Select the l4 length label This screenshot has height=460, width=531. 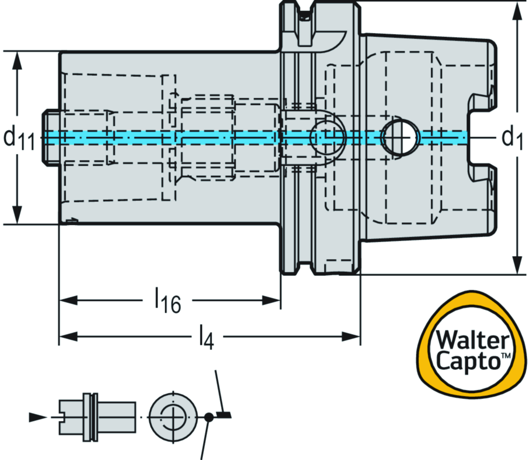206,338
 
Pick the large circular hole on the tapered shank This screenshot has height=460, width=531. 400,137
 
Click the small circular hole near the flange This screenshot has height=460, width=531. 327,137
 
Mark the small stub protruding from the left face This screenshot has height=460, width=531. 50,137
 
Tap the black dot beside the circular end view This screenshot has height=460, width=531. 208,416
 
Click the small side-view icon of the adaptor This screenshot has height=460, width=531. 97,416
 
